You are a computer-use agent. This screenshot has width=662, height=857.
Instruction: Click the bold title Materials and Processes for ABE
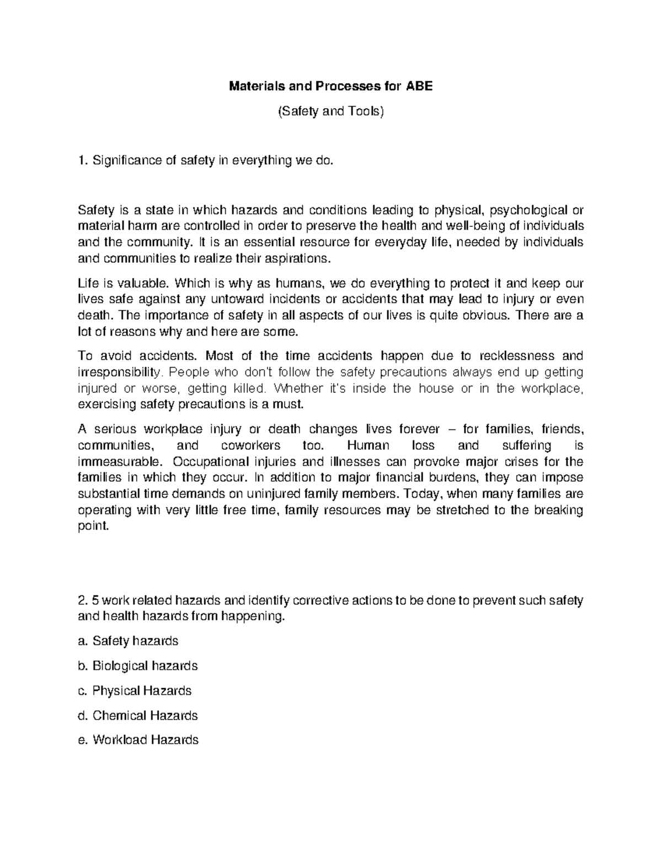click(330, 86)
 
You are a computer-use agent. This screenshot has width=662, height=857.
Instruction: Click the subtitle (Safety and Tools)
click(330, 111)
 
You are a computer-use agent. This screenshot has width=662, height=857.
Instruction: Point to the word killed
click(249, 388)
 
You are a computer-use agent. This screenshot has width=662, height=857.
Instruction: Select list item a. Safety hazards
click(129, 641)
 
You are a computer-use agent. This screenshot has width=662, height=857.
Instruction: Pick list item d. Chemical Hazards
click(138, 715)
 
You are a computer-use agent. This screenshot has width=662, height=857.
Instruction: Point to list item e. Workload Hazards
click(138, 740)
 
